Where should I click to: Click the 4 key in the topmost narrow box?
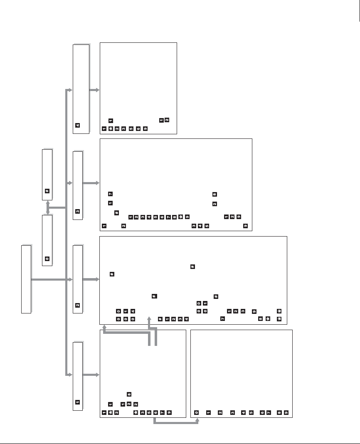77,125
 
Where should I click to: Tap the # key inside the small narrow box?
47,191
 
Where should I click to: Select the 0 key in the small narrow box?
47,259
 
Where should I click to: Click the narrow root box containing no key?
26,279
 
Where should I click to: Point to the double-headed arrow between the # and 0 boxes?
48,208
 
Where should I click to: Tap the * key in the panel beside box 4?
111,128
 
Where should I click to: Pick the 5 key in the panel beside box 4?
131,128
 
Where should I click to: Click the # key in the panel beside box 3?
117,213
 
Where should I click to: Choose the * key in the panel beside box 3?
181,217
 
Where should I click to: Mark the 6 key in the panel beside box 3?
162,217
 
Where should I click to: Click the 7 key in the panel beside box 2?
222,318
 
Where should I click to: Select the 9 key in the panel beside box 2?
254,311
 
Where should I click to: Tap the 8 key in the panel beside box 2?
260,318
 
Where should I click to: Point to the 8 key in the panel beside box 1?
129,394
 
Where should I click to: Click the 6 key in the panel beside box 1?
155,412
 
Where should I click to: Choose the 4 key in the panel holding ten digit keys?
244,412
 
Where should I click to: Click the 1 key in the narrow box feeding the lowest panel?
77,402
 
